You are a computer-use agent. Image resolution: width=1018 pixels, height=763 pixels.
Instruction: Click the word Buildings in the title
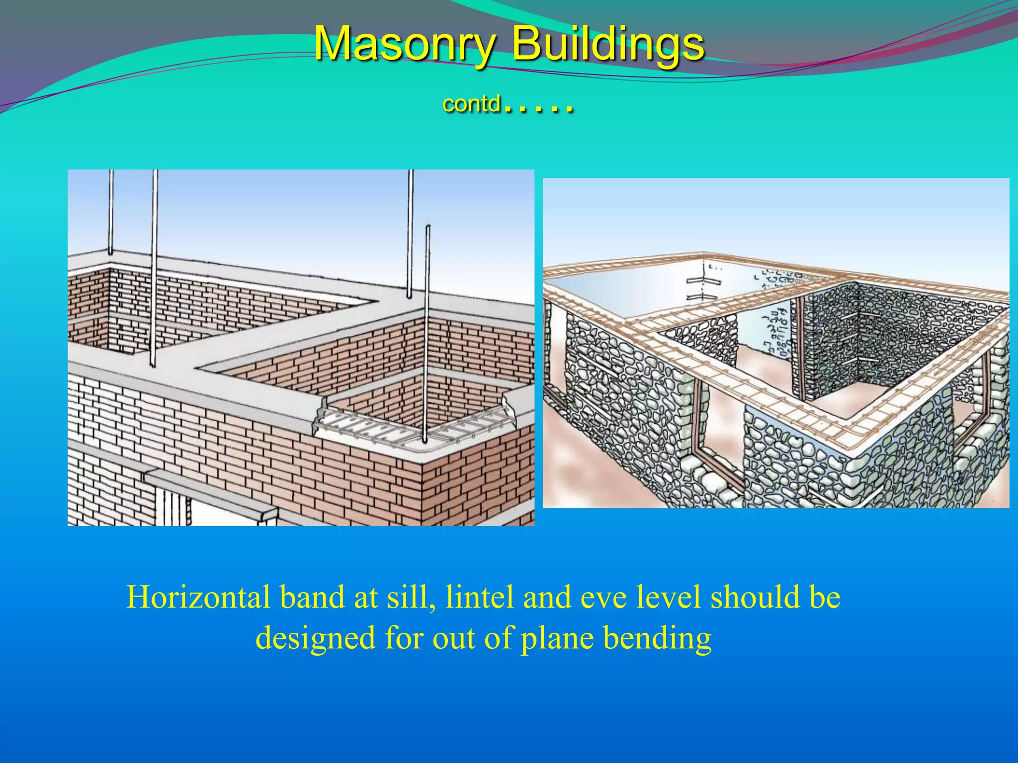607,44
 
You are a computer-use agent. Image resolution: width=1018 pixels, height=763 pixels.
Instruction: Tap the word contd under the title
471,104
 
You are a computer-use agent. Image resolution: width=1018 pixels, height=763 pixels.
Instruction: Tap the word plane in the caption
557,638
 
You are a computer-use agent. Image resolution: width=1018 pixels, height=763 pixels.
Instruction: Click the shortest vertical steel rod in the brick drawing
427,333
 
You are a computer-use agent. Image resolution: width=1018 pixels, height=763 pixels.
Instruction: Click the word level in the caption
668,597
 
